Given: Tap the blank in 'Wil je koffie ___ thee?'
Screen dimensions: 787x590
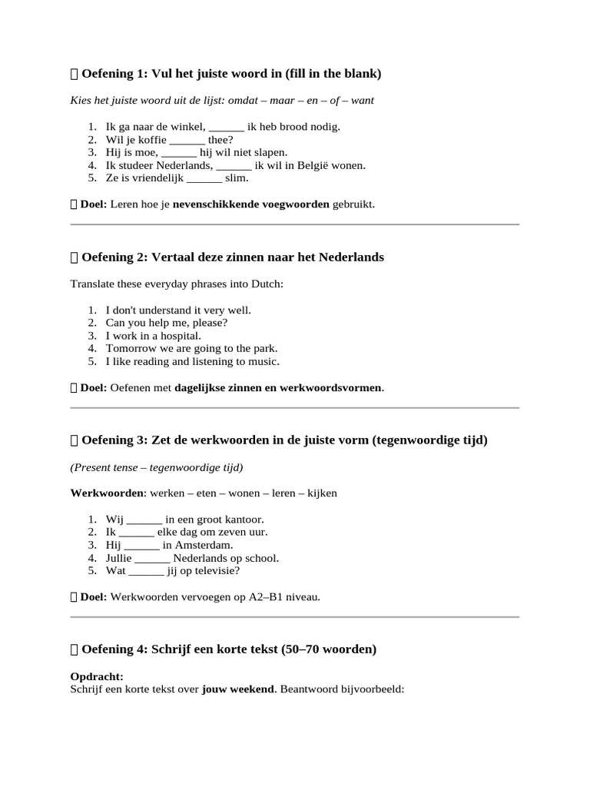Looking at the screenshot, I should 187,140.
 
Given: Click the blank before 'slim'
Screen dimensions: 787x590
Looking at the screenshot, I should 204,178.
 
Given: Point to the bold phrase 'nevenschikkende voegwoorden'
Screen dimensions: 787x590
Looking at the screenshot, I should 250,204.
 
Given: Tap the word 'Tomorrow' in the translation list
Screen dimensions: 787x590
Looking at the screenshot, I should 130,348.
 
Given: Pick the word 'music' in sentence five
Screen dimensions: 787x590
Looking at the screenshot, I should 263,361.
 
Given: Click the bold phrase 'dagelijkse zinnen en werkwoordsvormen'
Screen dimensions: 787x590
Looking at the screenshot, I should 278,388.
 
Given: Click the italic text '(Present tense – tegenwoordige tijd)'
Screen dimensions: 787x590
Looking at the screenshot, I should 156,467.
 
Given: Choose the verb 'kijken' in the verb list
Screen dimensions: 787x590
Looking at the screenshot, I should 322,493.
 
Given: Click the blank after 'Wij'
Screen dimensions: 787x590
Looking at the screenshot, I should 144,520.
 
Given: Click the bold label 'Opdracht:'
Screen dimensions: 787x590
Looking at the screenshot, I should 97,676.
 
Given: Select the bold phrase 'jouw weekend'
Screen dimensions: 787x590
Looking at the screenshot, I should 237,689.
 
